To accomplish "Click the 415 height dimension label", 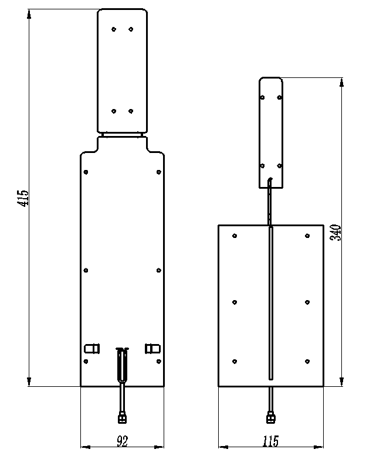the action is pos(23,198).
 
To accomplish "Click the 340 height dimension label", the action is pos(335,233).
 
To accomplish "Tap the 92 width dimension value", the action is pos(123,441).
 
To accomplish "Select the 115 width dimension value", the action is pos(270,441).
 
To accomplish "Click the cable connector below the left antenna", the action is pos(123,418).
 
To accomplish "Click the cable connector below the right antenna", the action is pos(270,418).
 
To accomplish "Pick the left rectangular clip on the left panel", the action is pos(92,348).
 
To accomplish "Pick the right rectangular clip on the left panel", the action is pos(152,348).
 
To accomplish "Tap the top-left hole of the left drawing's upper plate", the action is pos(114,29).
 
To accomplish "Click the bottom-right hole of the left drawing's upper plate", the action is pos(131,111).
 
